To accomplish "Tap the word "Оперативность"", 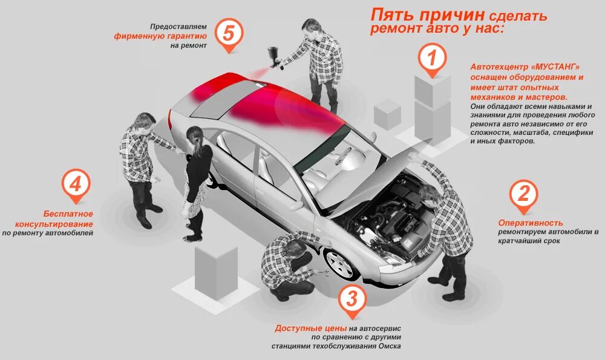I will click(531, 223).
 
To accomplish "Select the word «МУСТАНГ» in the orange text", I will click(554, 67).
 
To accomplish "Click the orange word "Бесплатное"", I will click(68, 214).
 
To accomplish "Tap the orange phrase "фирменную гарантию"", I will click(161, 36).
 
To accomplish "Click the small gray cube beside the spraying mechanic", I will click(388, 114).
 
